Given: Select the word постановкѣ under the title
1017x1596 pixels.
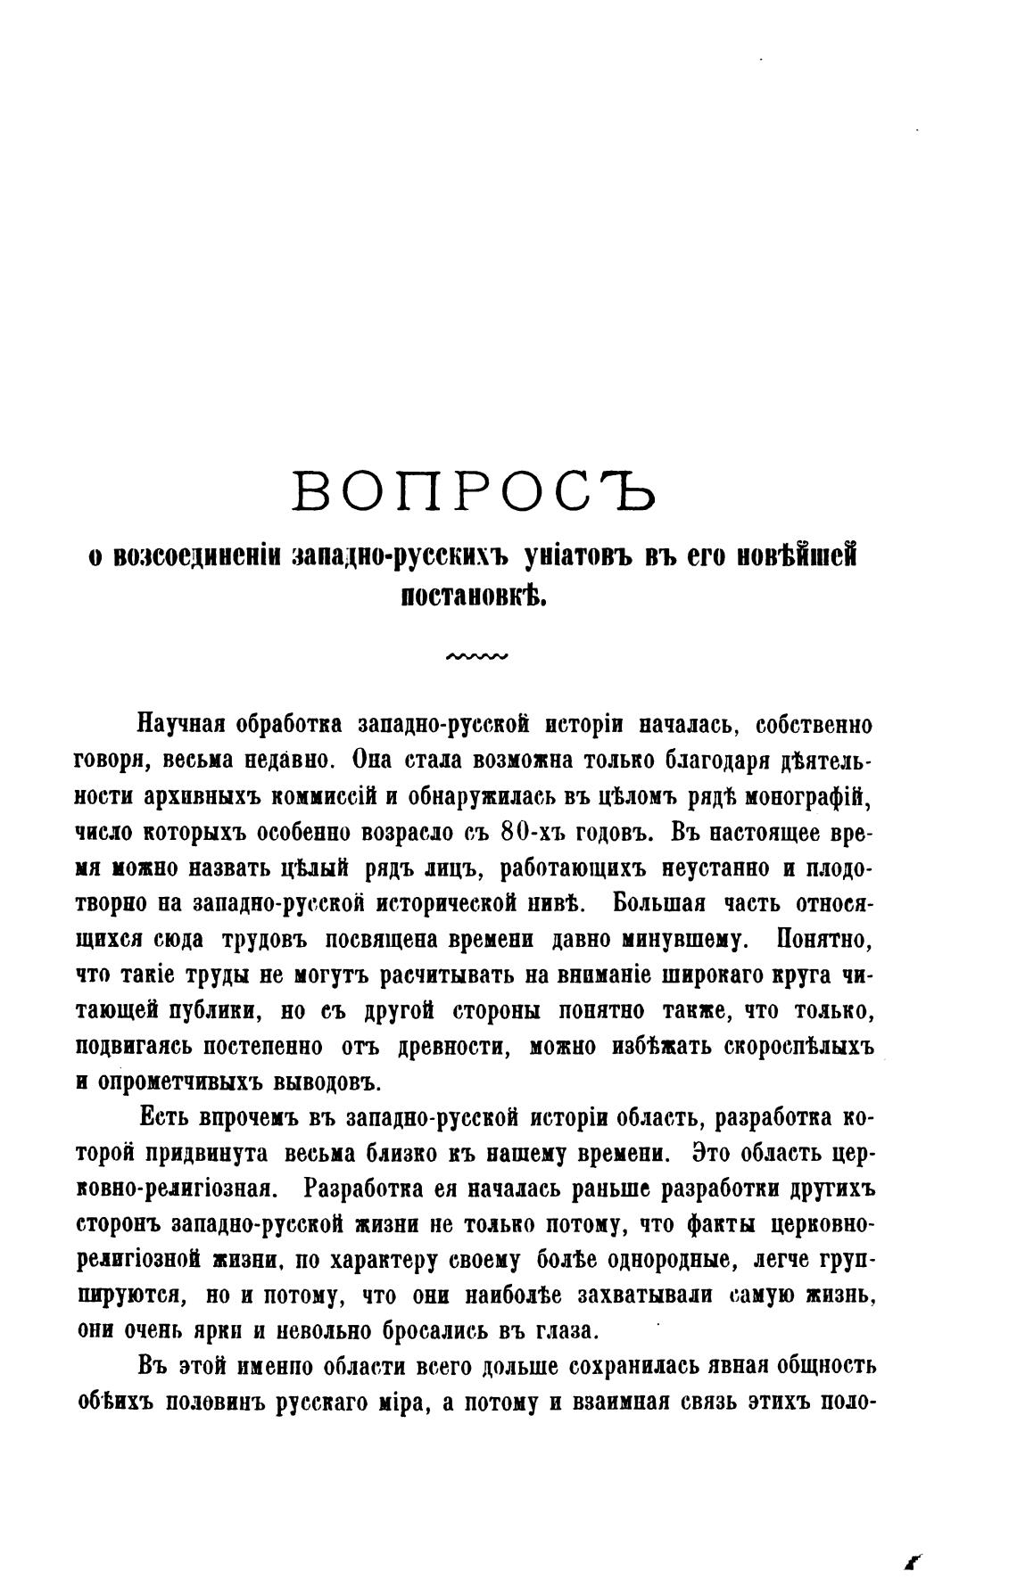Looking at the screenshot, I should [474, 595].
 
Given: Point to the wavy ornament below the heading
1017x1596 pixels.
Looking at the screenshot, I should [475, 658].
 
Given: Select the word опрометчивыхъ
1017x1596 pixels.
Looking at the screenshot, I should [164, 1081].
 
